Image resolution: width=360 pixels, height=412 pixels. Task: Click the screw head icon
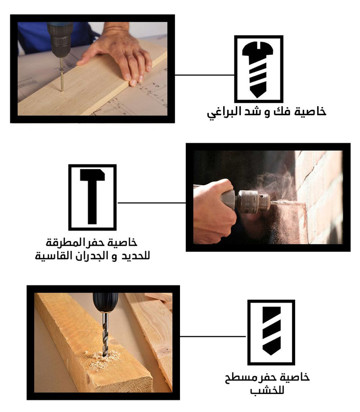point(258,69)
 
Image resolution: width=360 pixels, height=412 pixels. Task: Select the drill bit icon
point(271,331)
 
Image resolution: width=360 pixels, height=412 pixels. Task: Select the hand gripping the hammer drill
point(214,210)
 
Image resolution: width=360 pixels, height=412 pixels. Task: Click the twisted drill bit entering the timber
point(105,334)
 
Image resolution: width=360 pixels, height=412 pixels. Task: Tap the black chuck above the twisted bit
point(105,303)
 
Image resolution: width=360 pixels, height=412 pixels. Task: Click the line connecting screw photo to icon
point(205,75)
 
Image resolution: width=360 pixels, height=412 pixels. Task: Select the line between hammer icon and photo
point(151,203)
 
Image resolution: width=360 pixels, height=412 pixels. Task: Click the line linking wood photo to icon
point(213,336)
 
